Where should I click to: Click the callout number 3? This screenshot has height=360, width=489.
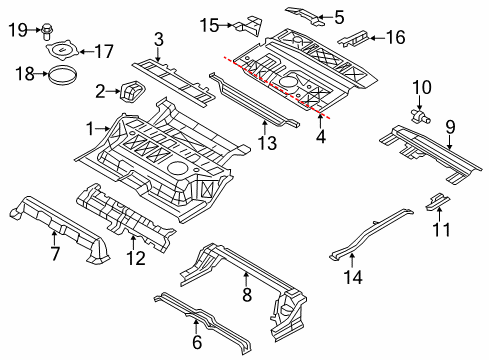[x=158, y=40]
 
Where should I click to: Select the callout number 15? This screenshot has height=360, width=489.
[x=208, y=24]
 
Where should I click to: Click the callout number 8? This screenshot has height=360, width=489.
[x=246, y=296]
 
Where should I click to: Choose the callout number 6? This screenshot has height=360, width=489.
[x=196, y=341]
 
